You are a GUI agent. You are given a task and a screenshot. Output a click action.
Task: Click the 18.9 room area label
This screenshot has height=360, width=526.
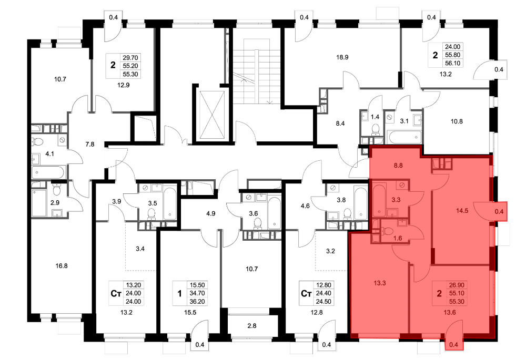click(342, 57)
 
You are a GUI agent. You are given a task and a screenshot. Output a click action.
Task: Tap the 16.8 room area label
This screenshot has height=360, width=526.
click(62, 266)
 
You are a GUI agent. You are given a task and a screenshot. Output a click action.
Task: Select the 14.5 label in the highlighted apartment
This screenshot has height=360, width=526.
click(462, 211)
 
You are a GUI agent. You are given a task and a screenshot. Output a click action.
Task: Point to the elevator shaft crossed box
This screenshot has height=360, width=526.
click(211, 114)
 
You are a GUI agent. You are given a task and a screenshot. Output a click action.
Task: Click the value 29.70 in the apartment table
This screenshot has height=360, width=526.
click(130, 58)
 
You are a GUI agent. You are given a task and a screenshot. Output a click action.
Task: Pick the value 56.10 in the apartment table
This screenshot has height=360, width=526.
click(452, 63)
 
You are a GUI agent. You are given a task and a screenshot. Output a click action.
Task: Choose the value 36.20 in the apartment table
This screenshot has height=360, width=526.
click(197, 301)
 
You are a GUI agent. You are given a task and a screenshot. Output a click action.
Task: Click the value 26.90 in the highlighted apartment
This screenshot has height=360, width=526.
click(457, 285)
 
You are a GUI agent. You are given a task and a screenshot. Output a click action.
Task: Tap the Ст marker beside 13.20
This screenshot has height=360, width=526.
click(116, 294)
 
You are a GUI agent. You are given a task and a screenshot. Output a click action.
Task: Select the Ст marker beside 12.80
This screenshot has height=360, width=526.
click(306, 294)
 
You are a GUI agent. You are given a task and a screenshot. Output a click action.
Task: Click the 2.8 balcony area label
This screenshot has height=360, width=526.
click(251, 326)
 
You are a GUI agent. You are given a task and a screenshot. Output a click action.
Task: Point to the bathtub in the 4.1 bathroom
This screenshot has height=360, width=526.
click(48, 173)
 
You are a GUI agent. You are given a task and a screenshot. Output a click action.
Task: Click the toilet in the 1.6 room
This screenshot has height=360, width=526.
click(389, 231)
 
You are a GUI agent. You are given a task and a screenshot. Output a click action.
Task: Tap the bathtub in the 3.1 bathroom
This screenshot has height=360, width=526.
click(403, 137)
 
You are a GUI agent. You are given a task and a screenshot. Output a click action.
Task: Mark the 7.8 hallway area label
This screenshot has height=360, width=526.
click(90, 145)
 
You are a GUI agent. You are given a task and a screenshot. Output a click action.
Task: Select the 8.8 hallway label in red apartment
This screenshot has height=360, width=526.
click(398, 166)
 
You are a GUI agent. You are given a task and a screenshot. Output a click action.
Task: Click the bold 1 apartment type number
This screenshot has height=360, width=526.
click(179, 294)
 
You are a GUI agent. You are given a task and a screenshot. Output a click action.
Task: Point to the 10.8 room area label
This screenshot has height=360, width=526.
click(457, 122)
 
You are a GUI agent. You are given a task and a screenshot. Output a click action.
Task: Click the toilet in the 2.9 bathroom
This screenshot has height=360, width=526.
click(56, 191)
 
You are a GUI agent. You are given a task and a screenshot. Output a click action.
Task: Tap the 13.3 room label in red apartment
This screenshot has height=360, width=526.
click(380, 283)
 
